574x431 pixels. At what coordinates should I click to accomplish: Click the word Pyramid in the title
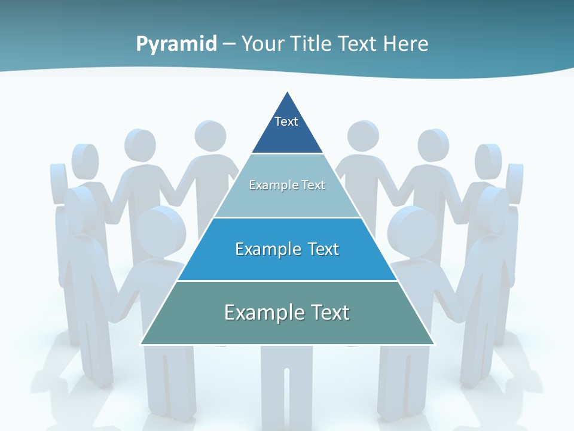[x=176, y=44]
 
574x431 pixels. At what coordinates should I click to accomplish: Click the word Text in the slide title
[x=359, y=44]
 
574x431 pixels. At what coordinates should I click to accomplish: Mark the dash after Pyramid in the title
[x=228, y=44]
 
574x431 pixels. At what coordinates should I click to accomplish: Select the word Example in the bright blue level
[x=267, y=249]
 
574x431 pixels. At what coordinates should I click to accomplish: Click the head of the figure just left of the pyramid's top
[x=210, y=135]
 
